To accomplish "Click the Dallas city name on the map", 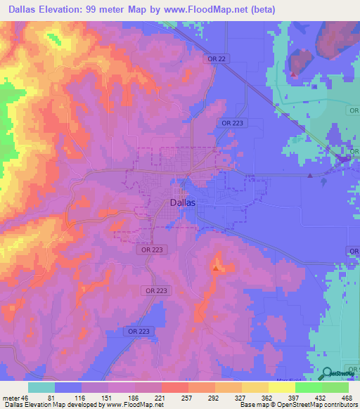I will click(x=183, y=202).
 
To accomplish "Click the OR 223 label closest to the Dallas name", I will click(x=145, y=249).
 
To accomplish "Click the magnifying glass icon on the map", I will click(x=328, y=373).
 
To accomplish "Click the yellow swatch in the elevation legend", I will click(x=281, y=387).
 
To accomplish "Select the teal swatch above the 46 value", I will click(x=41, y=387).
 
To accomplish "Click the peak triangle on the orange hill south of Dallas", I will click(x=216, y=268).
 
